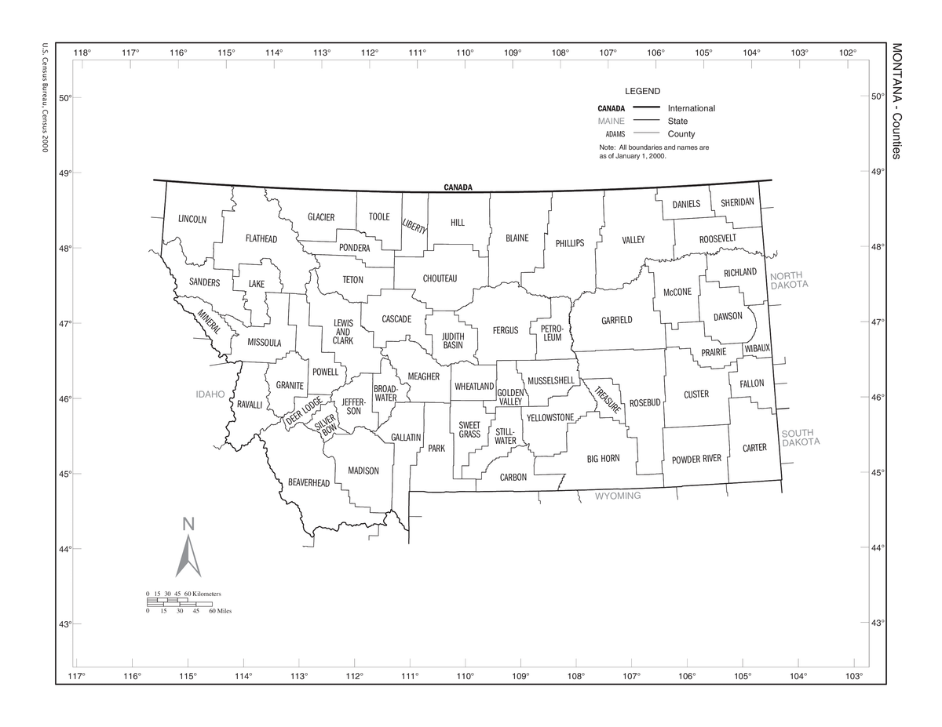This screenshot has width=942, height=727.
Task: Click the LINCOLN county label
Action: tap(192, 219)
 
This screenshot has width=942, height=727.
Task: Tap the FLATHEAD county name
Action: tap(261, 238)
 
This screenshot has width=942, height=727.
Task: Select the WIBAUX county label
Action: tap(758, 347)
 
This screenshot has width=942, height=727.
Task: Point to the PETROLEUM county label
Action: tap(552, 333)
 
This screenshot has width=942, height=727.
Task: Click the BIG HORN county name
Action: tap(604, 458)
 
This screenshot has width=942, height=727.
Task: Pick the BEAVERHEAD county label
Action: tap(309, 482)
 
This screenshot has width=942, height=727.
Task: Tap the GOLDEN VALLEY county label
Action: tap(510, 397)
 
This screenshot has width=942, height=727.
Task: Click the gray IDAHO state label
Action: tap(210, 394)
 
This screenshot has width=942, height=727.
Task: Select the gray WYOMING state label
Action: tap(617, 496)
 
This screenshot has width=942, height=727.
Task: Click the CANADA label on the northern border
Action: tap(458, 187)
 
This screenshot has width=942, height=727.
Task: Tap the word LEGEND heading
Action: tap(642, 91)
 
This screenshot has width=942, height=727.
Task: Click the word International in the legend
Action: tap(691, 108)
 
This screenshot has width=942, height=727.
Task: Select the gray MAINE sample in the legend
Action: tap(611, 121)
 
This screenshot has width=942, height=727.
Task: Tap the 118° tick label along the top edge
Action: tap(82, 53)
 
